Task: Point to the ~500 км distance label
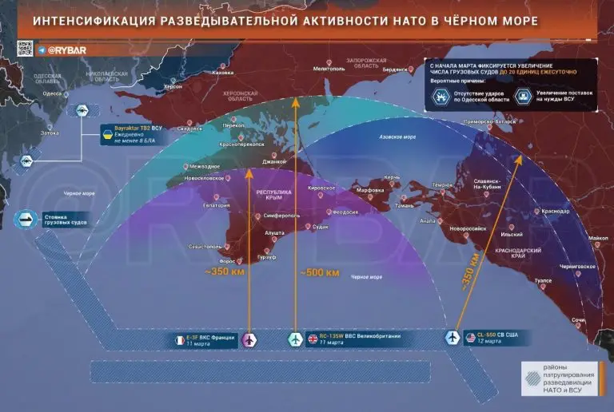(320, 273)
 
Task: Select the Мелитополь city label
(328, 69)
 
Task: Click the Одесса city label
(52, 93)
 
